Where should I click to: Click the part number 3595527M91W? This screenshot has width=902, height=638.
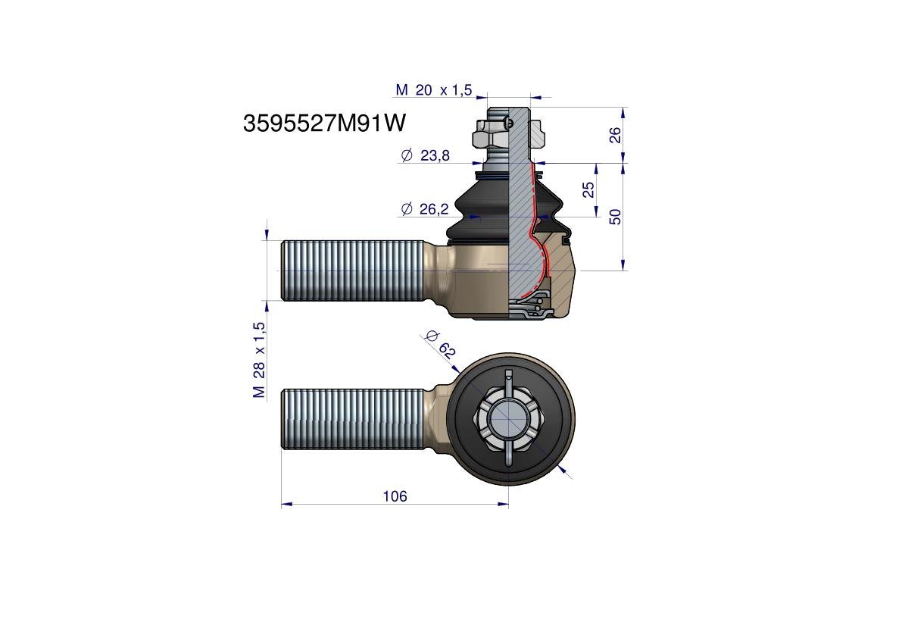coord(324,123)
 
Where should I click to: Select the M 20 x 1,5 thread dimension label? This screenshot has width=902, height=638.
coord(433,89)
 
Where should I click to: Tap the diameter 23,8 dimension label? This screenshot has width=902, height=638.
coord(425,155)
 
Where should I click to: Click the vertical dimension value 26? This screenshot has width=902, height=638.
coord(615,135)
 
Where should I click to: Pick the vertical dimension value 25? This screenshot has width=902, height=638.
coord(588,189)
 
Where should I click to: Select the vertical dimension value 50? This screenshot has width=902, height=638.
coord(615,217)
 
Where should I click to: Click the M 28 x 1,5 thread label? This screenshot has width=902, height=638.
coord(259,360)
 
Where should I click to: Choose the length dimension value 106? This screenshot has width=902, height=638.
coord(395,496)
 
